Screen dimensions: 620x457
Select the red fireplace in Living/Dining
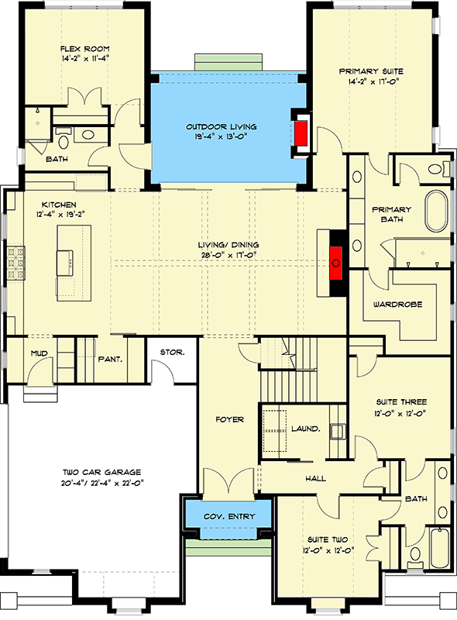click(x=336, y=263)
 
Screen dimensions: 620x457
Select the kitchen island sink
click(x=65, y=262)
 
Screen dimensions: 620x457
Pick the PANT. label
click(x=109, y=359)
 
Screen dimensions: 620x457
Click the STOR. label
click(x=172, y=353)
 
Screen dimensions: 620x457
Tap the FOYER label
click(x=230, y=419)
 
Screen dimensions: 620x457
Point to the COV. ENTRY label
click(x=229, y=517)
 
